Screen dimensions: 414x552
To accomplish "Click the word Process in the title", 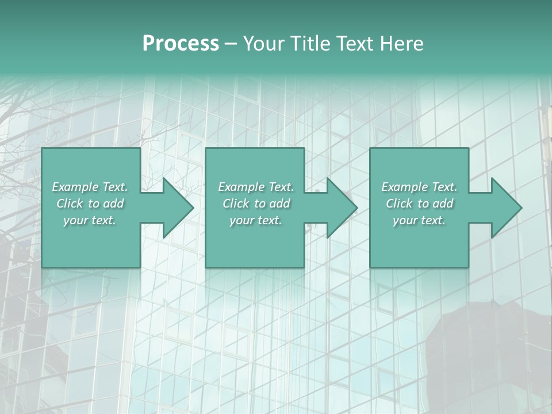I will pos(181,43).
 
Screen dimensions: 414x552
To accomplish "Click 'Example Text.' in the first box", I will pos(90,187).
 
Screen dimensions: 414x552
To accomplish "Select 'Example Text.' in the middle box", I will pos(256,187).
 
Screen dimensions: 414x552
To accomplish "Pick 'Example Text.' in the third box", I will pos(419,187).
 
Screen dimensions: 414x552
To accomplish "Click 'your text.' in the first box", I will pos(90,220).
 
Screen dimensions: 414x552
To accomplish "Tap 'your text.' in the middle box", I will pos(256,220).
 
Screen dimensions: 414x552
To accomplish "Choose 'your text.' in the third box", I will pos(419,220).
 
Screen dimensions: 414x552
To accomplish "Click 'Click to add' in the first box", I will pos(90,204).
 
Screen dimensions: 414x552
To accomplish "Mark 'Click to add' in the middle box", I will pos(256,204).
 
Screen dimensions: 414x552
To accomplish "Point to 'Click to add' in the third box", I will pos(419,204).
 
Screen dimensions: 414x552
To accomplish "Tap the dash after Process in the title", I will pos(231,44).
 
